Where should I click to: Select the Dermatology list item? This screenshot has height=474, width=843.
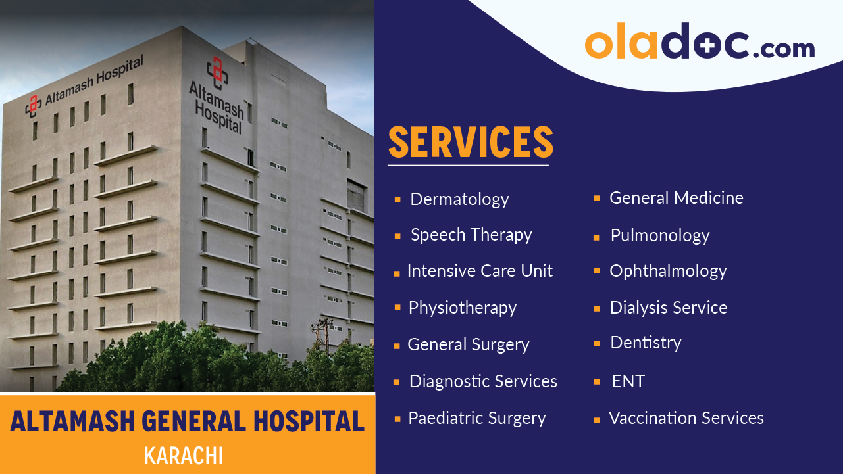(x=459, y=199)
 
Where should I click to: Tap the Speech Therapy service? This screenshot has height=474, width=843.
(x=471, y=235)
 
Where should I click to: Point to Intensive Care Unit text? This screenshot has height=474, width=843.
(x=480, y=271)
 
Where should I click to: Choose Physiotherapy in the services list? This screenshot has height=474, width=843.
(x=462, y=308)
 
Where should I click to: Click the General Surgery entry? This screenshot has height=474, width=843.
(x=468, y=344)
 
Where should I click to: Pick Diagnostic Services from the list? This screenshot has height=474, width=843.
(x=483, y=381)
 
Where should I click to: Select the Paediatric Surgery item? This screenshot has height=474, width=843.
(x=476, y=418)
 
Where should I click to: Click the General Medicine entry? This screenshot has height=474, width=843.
(x=676, y=198)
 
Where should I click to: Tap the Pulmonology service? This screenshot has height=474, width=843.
(x=659, y=235)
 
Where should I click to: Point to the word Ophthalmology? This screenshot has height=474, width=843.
(x=668, y=271)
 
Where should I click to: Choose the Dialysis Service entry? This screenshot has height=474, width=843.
(x=668, y=308)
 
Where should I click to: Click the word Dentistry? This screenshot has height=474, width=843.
(x=646, y=343)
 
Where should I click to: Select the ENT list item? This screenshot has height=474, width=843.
(x=628, y=381)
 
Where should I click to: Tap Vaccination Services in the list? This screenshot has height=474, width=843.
(x=686, y=418)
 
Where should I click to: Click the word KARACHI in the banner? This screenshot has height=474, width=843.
(x=184, y=456)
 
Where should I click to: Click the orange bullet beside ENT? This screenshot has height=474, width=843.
(x=597, y=381)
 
